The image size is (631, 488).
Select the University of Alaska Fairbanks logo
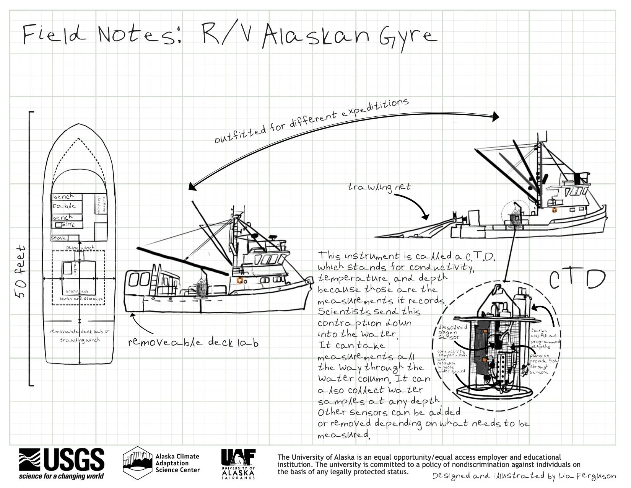(x=238, y=464)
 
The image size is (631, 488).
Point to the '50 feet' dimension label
(x=21, y=271)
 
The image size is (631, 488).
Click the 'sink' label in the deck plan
(x=67, y=225)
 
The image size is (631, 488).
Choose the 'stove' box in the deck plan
(x=59, y=238)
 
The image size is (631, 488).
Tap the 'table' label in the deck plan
(x=64, y=206)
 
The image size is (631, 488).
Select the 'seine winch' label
(x=80, y=248)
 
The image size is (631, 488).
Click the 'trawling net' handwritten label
(x=379, y=187)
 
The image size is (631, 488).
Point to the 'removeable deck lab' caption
(x=193, y=342)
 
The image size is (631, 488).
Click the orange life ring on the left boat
(x=240, y=281)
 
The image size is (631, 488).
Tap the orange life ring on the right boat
(x=553, y=210)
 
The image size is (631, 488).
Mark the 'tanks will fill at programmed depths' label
(x=545, y=338)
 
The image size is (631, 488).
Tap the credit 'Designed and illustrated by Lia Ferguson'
(x=524, y=476)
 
